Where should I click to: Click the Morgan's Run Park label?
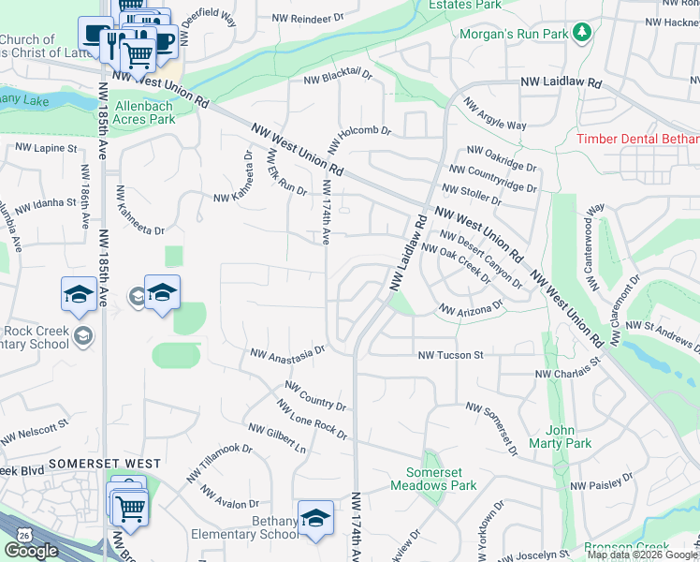tap(514, 35)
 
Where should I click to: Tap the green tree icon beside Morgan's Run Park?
tap(582, 34)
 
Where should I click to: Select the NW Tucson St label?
tap(450, 355)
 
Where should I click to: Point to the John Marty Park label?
tap(568, 436)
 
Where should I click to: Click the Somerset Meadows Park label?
tap(441, 479)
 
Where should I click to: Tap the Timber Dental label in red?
tap(637, 139)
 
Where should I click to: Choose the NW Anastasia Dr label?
tap(286, 352)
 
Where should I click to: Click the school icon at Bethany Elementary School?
tap(315, 517)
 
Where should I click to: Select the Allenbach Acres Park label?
tap(144, 113)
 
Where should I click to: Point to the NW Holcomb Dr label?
tap(358, 130)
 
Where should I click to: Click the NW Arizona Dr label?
tap(471, 307)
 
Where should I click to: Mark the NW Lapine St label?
tap(45, 148)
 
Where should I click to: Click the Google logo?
tap(31, 551)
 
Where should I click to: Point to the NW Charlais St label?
tap(566, 374)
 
